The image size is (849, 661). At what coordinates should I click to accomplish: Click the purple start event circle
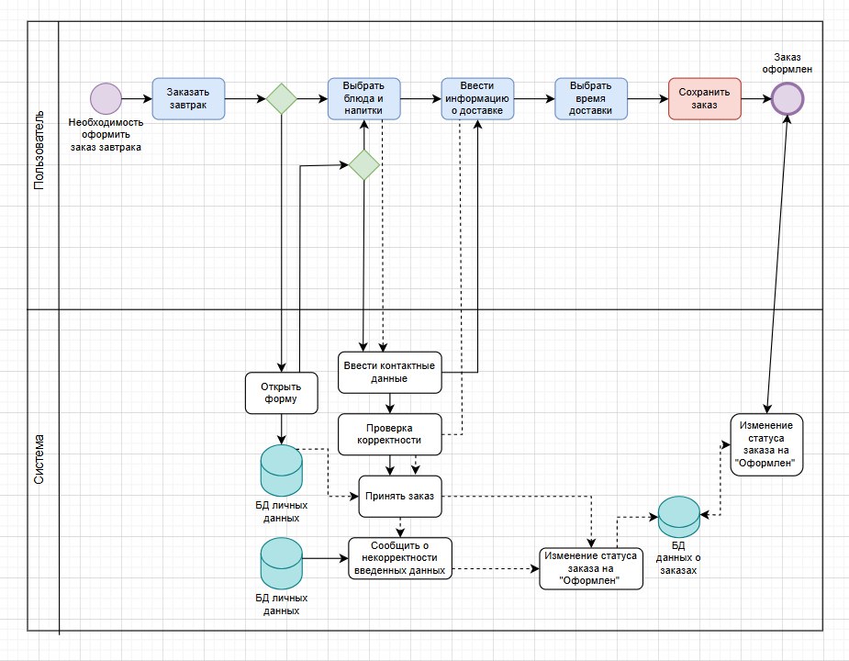(106, 98)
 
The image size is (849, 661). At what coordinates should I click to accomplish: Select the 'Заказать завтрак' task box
(187, 98)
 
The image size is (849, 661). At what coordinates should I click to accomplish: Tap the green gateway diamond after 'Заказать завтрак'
(280, 98)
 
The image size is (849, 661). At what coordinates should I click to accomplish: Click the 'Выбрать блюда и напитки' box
(364, 98)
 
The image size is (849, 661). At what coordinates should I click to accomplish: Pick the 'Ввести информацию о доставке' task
(477, 98)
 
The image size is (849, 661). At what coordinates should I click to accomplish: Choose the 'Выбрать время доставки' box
(591, 98)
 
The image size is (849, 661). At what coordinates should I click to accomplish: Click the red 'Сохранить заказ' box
(704, 98)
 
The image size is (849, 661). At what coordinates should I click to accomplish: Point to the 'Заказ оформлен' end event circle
(788, 98)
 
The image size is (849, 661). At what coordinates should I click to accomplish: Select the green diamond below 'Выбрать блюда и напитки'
(364, 165)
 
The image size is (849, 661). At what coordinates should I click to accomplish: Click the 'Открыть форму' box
(282, 392)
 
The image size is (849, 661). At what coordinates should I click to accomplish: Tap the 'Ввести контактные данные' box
(390, 372)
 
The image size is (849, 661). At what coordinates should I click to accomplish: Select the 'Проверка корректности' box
(390, 433)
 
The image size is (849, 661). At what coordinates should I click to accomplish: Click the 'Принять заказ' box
(399, 497)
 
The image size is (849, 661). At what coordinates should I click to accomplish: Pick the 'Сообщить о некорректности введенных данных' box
(399, 558)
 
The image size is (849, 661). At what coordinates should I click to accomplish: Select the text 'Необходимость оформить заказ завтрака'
(106, 134)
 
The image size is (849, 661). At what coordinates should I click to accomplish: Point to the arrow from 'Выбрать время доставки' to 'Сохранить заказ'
(646, 98)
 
